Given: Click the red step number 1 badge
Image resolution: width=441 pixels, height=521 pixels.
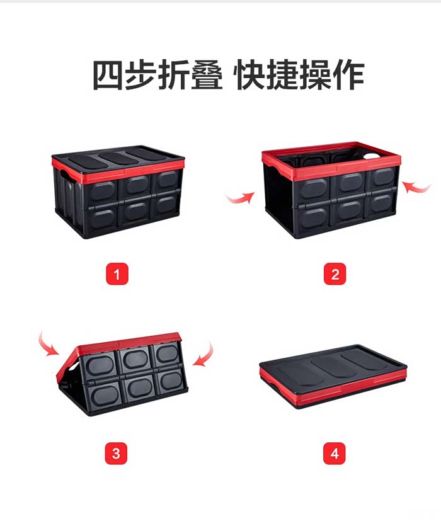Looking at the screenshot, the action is click(117, 274).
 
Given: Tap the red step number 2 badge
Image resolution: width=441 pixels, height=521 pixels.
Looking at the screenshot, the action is click(335, 274).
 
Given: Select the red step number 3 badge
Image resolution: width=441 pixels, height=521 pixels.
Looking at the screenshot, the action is click(116, 453).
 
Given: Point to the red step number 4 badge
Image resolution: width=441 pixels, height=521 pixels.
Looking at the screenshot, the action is click(335, 453).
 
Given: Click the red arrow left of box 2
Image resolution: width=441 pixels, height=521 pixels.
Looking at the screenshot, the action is click(240, 199).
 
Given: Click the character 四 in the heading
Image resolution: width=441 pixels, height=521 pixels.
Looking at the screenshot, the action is click(107, 74).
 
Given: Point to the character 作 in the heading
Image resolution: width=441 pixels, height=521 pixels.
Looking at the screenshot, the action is click(349, 74).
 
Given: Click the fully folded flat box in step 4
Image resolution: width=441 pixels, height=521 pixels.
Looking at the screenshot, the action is click(333, 376).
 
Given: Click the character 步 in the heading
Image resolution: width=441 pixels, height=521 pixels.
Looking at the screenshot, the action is click(140, 74).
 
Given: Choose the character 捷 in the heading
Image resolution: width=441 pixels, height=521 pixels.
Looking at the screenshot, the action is click(283, 74).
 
